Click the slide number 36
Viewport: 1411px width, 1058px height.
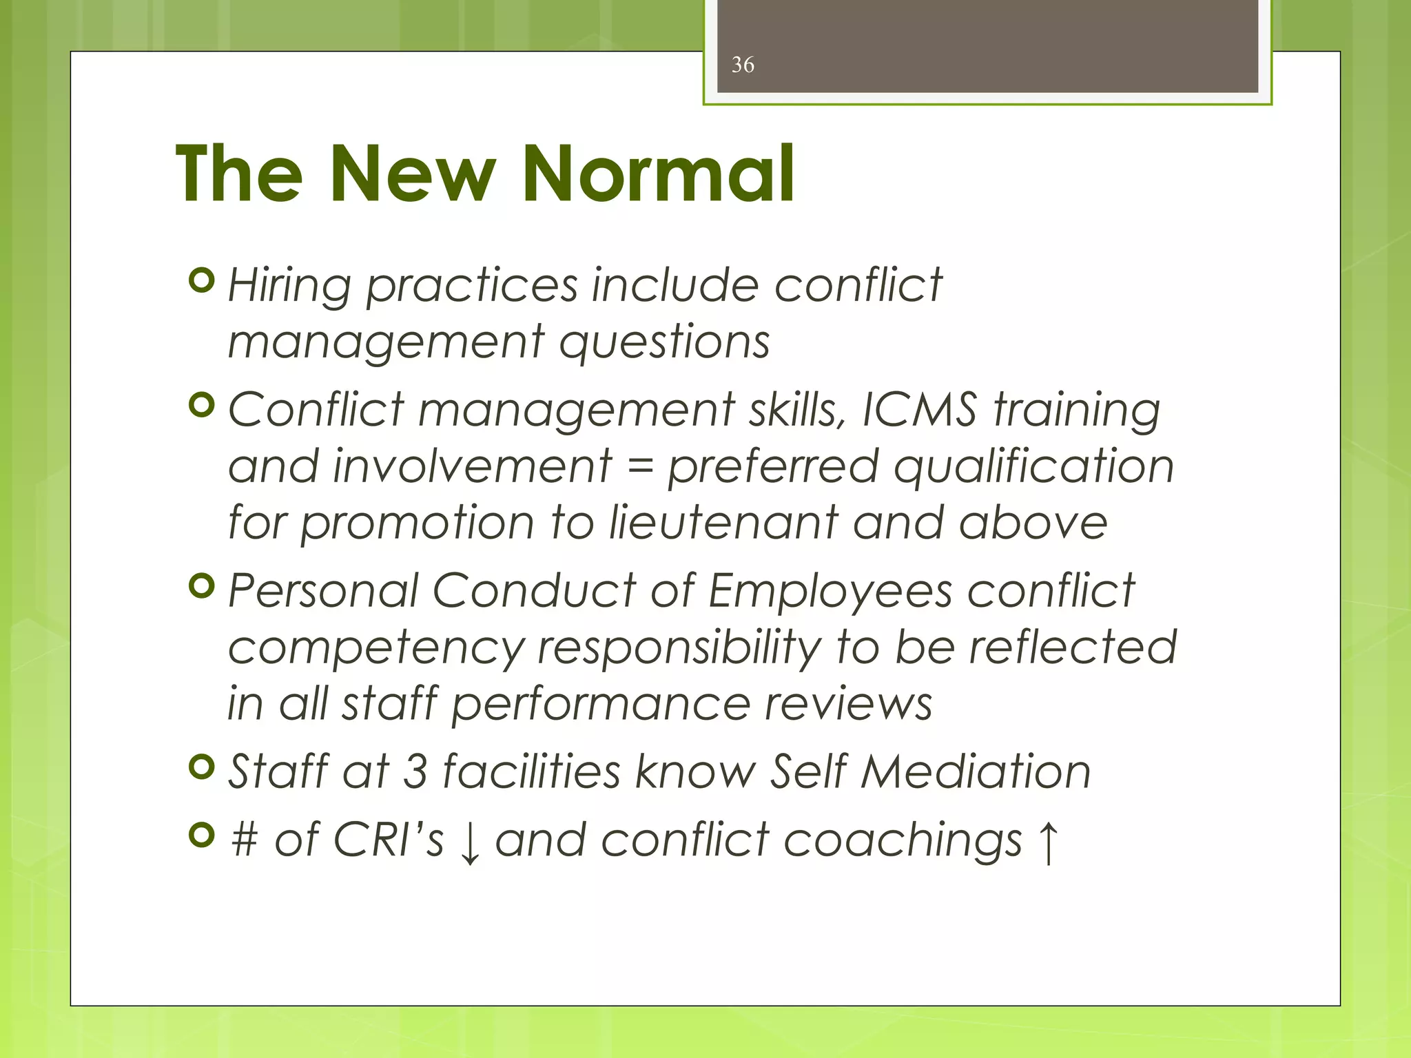[743, 65]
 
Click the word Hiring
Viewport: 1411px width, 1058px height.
[289, 286]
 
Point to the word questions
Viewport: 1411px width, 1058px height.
[664, 342]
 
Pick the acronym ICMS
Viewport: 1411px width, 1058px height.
[918, 410]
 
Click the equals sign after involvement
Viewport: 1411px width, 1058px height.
[640, 467]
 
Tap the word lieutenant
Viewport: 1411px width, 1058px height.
[723, 522]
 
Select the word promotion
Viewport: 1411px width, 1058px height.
[418, 523]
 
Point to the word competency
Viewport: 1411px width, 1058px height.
[376, 649]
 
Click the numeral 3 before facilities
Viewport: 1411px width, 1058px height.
[415, 771]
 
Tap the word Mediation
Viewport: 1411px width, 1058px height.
[976, 771]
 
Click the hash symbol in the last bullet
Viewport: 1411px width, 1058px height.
[245, 840]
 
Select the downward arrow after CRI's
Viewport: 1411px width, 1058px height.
[470, 842]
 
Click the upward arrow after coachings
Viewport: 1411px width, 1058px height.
[1047, 841]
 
